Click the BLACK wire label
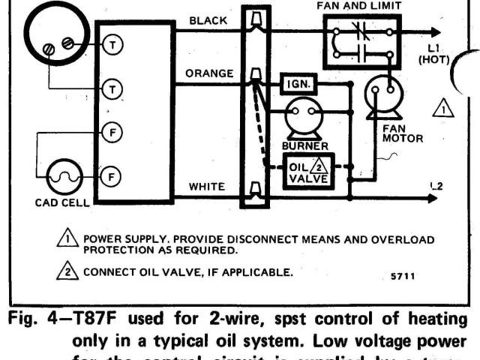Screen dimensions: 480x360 point(208,21)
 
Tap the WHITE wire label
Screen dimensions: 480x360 point(208,186)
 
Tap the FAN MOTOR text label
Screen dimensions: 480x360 point(403,133)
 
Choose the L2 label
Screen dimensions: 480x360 point(437,186)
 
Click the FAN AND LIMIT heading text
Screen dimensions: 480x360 point(359,5)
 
